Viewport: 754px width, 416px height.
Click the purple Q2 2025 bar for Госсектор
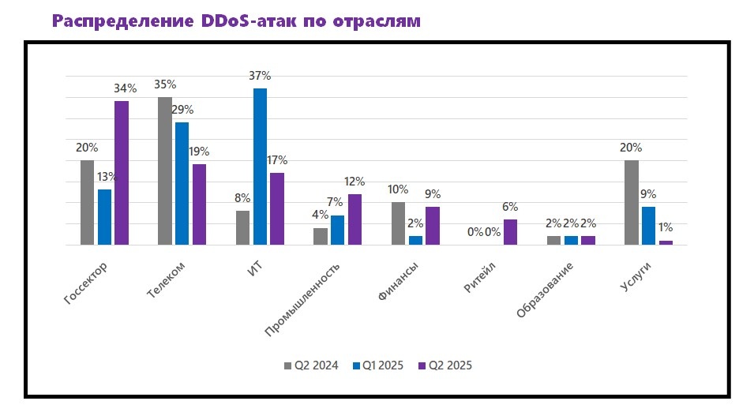pos(121,173)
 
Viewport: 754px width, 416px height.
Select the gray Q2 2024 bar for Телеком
pos(165,171)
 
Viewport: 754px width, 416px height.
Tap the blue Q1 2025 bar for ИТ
pos(260,167)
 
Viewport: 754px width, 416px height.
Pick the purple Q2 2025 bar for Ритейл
pos(510,232)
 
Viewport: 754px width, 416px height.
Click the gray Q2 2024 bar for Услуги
pos(632,203)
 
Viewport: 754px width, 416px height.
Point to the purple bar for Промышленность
pos(354,219)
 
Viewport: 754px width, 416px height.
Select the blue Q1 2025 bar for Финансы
pos(415,240)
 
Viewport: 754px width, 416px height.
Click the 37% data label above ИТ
pos(260,76)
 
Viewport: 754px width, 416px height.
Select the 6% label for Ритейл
pos(510,207)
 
